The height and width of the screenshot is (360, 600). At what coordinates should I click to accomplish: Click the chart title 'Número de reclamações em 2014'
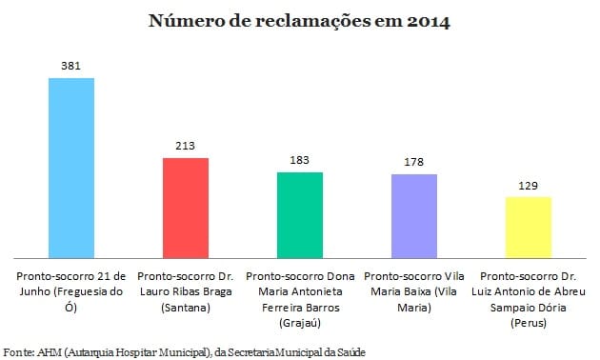(299, 21)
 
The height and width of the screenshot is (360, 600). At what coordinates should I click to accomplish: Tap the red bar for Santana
(186, 207)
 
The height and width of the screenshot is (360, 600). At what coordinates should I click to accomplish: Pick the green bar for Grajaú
(300, 214)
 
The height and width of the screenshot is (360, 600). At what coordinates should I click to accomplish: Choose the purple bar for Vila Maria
(414, 215)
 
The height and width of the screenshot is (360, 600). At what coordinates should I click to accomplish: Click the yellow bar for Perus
(529, 227)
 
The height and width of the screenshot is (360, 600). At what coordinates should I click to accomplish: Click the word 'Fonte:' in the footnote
(19, 350)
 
